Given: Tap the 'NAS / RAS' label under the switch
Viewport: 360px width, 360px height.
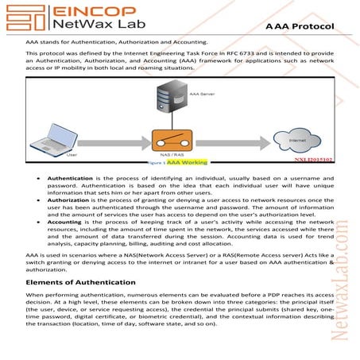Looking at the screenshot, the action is point(180,156).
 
